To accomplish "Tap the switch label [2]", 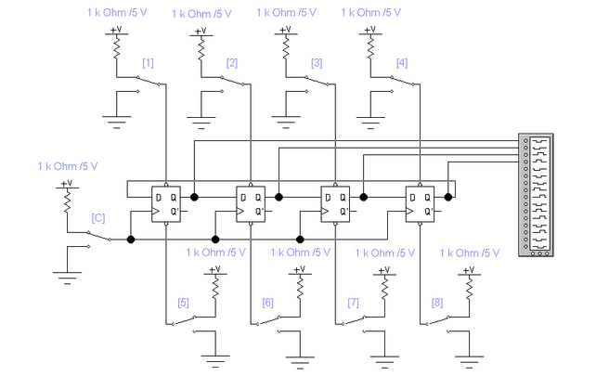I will pyautogui.click(x=232, y=63).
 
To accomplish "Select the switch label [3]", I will pyautogui.click(x=317, y=63).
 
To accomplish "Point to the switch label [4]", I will pyautogui.click(x=401, y=63).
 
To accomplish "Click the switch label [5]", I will pyautogui.click(x=183, y=302).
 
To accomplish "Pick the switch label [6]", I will pyautogui.click(x=267, y=302).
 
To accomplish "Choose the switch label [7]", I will pyautogui.click(x=353, y=302).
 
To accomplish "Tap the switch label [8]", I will pyautogui.click(x=437, y=302).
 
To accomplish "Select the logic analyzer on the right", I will pyautogui.click(x=537, y=195).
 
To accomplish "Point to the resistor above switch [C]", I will pyautogui.click(x=65, y=202).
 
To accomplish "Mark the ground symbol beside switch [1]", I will pyautogui.click(x=116, y=118).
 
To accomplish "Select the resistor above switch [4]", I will pyautogui.click(x=369, y=49).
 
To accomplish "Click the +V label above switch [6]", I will pyautogui.click(x=298, y=269).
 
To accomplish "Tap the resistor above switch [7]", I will pyautogui.click(x=382, y=288).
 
